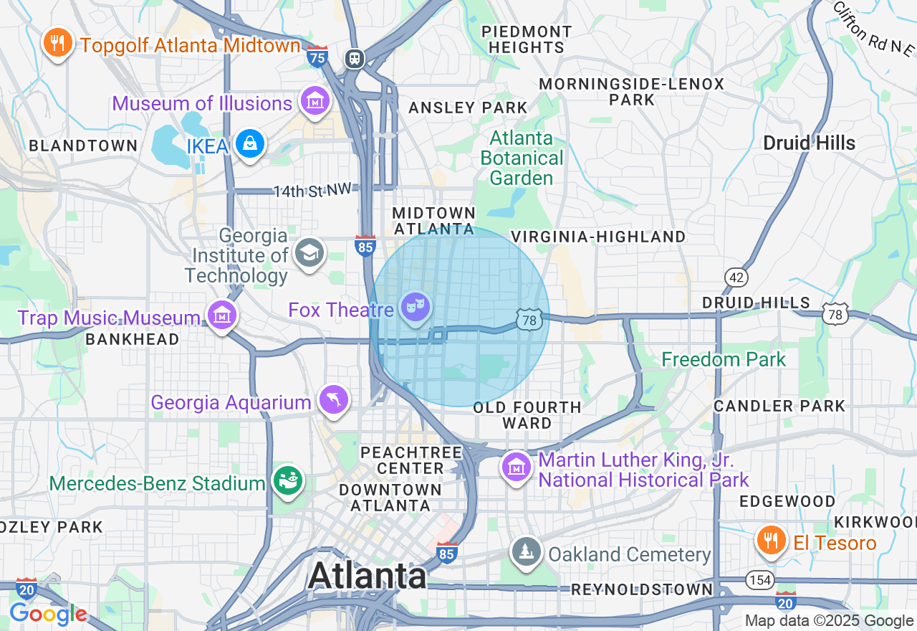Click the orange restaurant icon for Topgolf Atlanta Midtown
pos(57,43)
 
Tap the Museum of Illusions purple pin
pos(314,101)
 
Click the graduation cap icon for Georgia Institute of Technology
pos(309,252)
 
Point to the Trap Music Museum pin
pos(222,315)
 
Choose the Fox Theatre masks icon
pos(416,308)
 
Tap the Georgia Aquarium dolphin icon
pos(334,399)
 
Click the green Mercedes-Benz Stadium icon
pos(288,480)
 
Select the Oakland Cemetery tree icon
pos(527,552)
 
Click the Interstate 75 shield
pos(317,56)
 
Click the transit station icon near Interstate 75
pos(355,59)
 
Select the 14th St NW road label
pos(313,191)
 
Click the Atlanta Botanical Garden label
pos(522,158)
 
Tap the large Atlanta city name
pos(368,576)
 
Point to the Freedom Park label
pos(724,359)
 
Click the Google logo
pos(48,614)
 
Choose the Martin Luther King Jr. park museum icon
pos(516,467)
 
